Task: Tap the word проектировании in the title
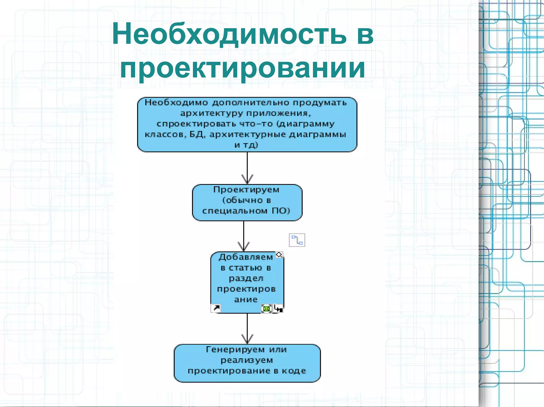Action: pos(243,68)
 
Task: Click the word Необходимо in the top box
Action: pos(176,103)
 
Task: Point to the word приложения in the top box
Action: pos(277,113)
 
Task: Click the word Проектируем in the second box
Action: pos(246,190)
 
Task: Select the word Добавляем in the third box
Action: pos(246,257)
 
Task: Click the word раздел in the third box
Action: pos(246,278)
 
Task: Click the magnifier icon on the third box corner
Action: pos(279,255)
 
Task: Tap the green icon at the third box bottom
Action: pos(266,309)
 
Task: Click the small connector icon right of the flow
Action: pos(297,240)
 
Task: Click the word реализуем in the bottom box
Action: pos(247,360)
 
